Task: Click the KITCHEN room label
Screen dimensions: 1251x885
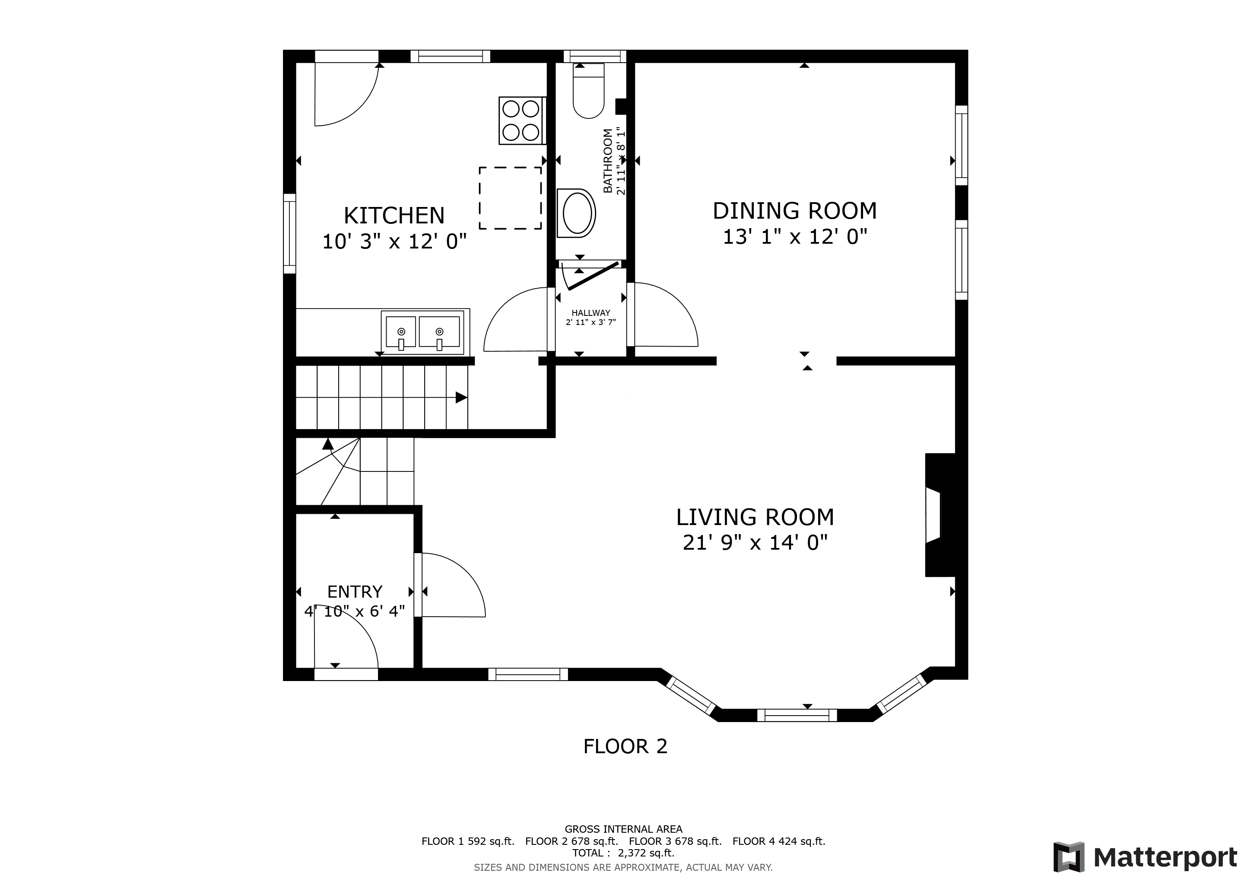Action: [394, 216]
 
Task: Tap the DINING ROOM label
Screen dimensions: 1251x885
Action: [795, 211]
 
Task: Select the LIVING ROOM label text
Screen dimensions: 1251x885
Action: [755, 517]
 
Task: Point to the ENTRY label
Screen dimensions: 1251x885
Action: [355, 592]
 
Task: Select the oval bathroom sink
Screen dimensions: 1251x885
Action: [576, 213]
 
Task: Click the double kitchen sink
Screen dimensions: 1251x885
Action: [422, 332]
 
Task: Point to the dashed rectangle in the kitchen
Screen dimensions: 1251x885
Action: [510, 198]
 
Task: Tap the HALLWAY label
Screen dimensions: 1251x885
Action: [591, 313]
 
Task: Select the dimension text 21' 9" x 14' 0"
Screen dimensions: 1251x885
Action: [755, 543]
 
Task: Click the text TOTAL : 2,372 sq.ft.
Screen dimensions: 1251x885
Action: [623, 853]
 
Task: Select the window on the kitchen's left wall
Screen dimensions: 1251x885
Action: [290, 233]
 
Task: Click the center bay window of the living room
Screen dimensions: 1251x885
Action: [797, 715]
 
